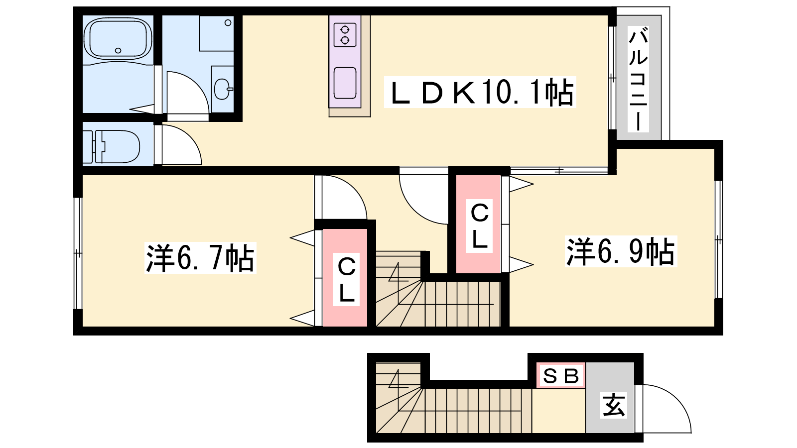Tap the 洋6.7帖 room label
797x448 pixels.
tap(200, 257)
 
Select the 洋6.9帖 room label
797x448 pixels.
tap(621, 251)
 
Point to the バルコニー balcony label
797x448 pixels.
tap(638, 80)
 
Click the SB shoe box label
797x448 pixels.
tap(561, 375)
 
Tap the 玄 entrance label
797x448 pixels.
tap(613, 405)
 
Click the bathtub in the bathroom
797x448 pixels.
tap(118, 40)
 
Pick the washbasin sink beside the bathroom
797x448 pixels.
tap(223, 89)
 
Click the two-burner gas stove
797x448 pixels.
tap(345, 35)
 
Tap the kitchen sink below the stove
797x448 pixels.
tap(345, 83)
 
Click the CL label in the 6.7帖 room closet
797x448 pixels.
tap(346, 279)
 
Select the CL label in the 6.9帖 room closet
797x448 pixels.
tap(479, 226)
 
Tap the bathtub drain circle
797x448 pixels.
tap(118, 50)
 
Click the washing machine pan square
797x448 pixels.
tap(216, 33)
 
